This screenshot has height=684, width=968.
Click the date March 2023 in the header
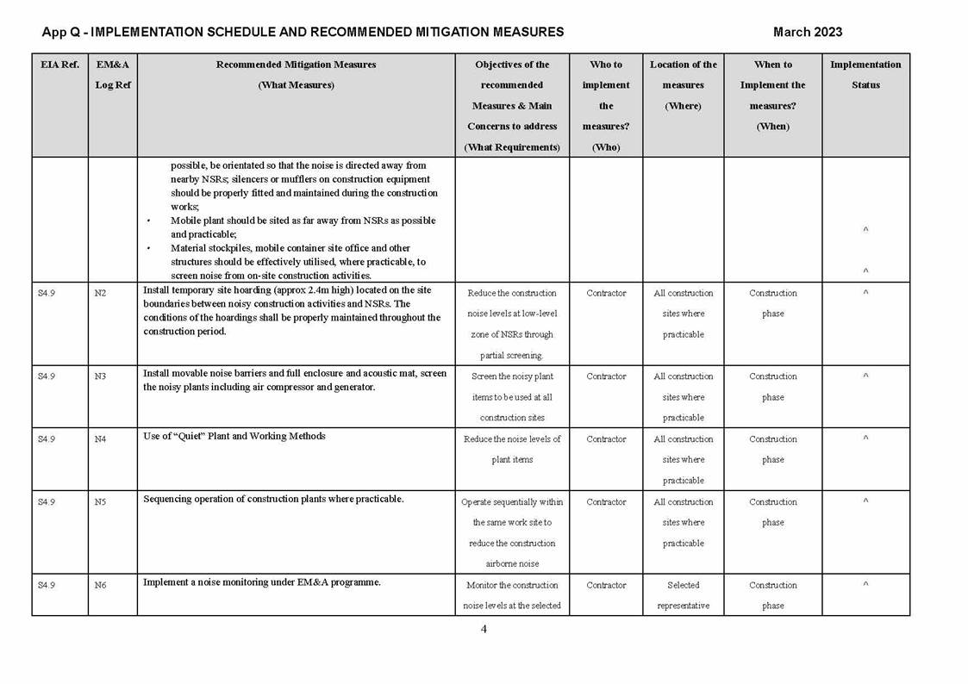coord(807,32)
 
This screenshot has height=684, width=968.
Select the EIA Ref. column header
coord(59,65)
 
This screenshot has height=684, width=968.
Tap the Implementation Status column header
coord(865,75)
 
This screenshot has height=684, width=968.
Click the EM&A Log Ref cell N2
coord(100,293)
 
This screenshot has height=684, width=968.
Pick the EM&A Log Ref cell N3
coord(100,376)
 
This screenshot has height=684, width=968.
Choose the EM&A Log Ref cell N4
coord(100,439)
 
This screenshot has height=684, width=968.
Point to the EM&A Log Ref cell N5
coord(100,502)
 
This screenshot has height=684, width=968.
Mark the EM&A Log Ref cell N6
coord(100,586)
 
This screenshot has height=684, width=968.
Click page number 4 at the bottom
coord(484,629)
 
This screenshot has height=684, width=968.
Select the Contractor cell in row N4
coord(606,439)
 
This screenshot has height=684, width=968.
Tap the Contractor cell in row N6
coord(606,586)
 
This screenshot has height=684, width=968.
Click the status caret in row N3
coord(865,376)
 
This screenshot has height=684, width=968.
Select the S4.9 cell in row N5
coord(47,502)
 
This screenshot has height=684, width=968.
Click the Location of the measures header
coord(683,85)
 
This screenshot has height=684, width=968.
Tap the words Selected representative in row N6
coord(683,595)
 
